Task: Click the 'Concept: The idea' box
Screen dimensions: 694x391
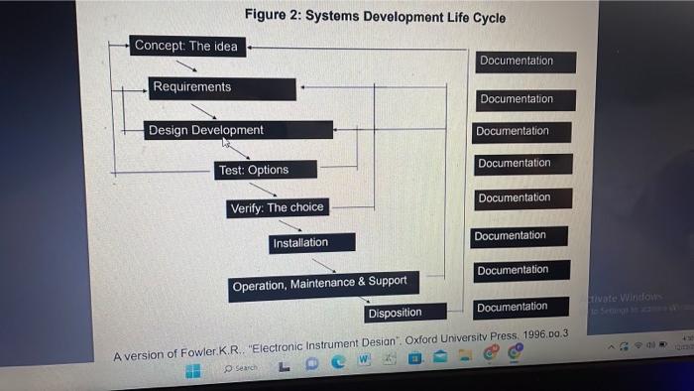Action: click(x=186, y=46)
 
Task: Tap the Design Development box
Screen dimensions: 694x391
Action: click(x=238, y=130)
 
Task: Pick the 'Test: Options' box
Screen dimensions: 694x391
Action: click(x=266, y=170)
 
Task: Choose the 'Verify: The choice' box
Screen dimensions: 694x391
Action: click(x=277, y=208)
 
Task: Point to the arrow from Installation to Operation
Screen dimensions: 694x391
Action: click(x=323, y=265)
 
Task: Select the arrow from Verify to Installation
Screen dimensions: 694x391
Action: click(x=289, y=226)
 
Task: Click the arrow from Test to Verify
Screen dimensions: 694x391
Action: click(x=264, y=189)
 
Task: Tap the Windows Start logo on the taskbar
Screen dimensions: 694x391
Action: click(x=194, y=369)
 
